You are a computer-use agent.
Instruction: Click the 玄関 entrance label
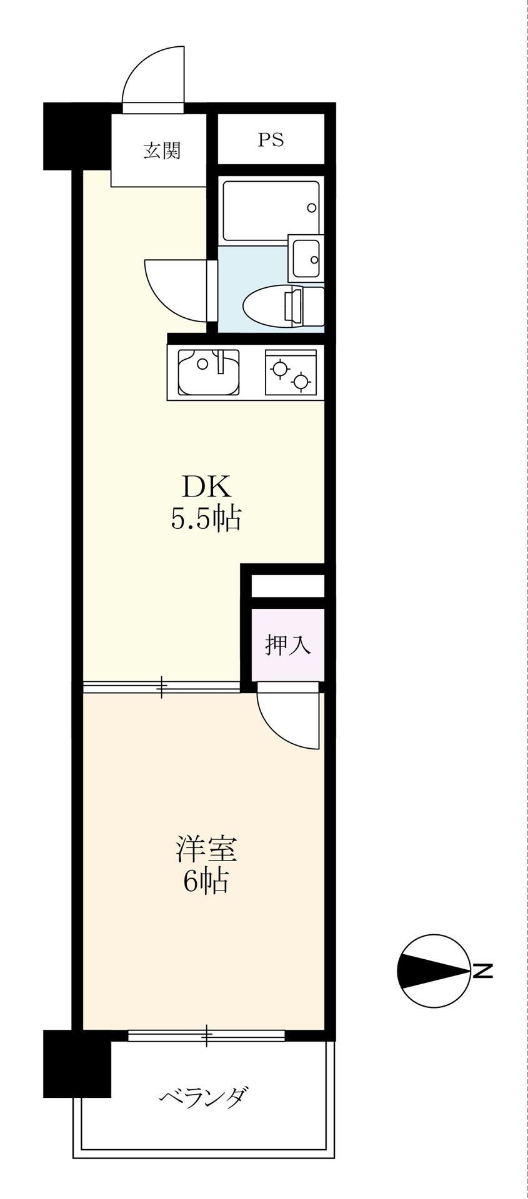pos(162,150)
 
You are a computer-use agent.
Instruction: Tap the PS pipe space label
pos(271,140)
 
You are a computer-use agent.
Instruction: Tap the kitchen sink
pos(208,372)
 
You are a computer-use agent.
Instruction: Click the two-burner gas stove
pos(291,372)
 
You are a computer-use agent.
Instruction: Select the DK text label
pos(206,486)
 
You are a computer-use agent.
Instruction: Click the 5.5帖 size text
pos(206,518)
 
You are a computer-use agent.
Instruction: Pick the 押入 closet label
pos(288,645)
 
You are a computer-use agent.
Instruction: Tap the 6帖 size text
pos(205,881)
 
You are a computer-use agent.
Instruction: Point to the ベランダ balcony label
pos(204,1097)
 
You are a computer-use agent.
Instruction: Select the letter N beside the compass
pos(482,971)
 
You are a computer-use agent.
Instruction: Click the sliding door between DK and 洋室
pos(161,687)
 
